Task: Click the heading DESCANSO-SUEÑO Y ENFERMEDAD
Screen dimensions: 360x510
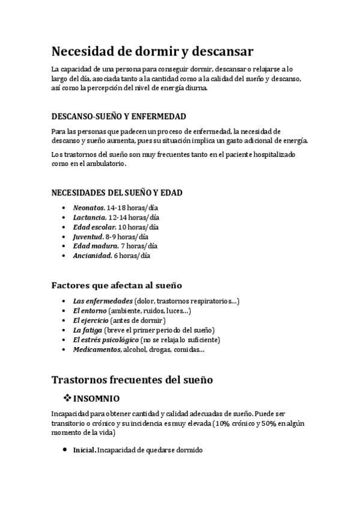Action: (x=118, y=117)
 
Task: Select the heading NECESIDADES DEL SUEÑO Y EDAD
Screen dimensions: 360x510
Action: (x=117, y=193)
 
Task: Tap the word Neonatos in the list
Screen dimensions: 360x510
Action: (x=88, y=207)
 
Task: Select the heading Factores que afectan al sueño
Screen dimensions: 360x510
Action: (x=117, y=285)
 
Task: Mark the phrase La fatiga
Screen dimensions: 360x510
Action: (x=87, y=330)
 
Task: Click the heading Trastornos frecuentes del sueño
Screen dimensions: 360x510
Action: (x=132, y=380)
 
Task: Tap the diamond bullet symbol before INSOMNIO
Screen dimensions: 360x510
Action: (x=67, y=398)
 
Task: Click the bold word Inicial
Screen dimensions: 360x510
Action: (x=84, y=450)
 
